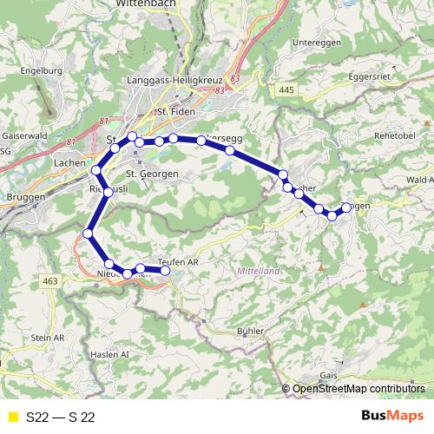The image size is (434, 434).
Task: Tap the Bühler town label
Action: pos(249,332)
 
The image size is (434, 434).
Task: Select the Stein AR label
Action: pos(49,337)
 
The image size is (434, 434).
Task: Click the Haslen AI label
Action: pos(109,355)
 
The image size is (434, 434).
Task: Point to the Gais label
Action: pos(328,374)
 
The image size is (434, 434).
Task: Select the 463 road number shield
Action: pos(51,280)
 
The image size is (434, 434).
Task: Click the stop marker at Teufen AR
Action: pos(165,271)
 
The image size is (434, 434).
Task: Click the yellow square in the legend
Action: pos(12,417)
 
